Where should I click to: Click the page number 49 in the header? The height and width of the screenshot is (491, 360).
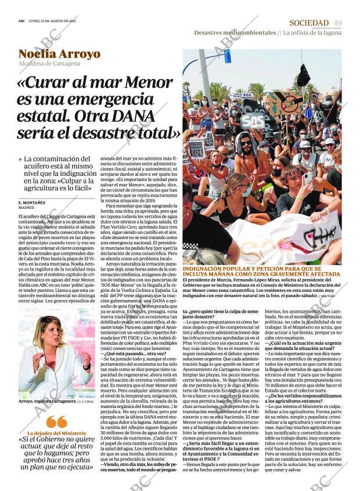[337, 23]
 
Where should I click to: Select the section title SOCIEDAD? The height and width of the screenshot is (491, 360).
[308, 23]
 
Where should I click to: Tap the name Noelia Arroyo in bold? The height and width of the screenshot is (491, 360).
[59, 55]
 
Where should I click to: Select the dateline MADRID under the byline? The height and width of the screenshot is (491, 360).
[26, 207]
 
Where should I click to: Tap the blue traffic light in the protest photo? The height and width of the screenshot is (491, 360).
[228, 57]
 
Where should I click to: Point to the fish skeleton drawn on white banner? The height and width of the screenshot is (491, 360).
[318, 235]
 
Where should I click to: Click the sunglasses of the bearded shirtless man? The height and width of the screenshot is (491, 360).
[246, 143]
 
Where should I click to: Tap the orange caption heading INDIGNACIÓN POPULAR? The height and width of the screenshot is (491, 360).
[261, 270]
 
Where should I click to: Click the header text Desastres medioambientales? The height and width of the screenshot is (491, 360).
[235, 33]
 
